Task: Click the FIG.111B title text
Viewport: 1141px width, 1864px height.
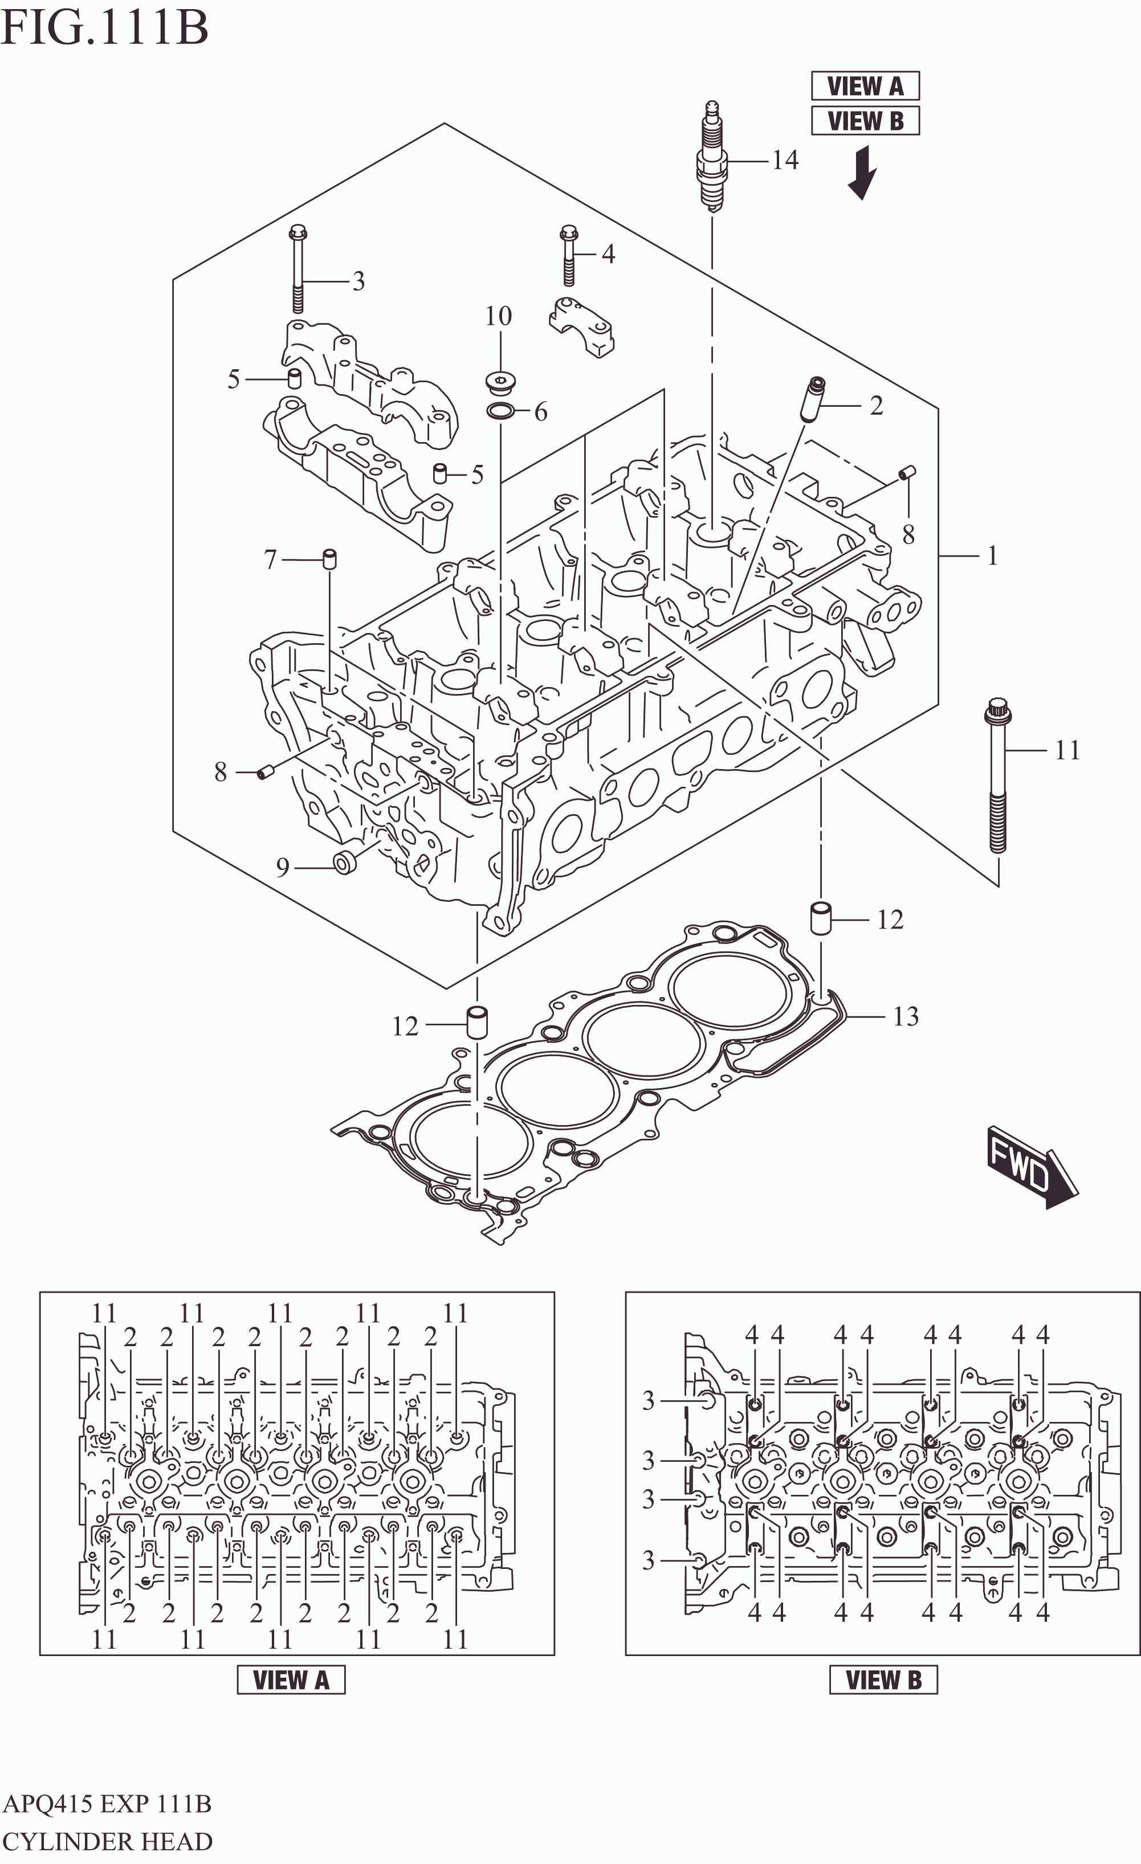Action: (104, 28)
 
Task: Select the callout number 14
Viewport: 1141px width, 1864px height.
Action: (785, 161)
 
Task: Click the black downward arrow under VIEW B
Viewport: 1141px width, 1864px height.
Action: (862, 173)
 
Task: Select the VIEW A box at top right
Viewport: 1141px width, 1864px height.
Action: (865, 86)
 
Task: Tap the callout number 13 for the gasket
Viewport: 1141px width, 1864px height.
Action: (906, 1016)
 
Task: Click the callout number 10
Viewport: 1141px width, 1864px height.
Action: (499, 316)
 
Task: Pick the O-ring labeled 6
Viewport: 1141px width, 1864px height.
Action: (500, 411)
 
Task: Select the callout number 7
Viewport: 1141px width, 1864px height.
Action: (270, 560)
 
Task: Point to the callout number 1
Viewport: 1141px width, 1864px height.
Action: (992, 556)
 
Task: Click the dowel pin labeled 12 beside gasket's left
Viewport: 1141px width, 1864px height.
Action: (476, 1022)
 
